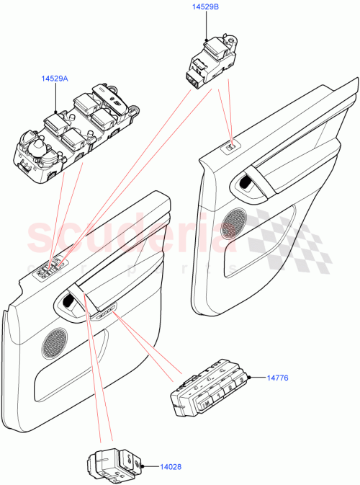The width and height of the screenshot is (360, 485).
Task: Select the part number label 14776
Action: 279,377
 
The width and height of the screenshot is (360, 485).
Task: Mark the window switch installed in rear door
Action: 230,148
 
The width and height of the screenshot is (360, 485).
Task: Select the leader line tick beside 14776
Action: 258,377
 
